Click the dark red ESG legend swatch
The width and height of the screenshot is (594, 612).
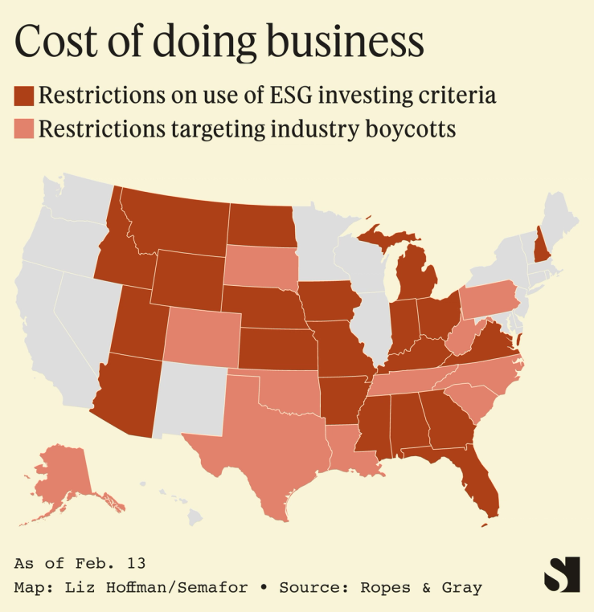pos(24,96)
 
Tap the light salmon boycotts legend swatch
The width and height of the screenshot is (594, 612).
pos(24,129)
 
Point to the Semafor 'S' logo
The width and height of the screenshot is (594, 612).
pos(561,574)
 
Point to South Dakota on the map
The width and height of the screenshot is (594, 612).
pos(259,265)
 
